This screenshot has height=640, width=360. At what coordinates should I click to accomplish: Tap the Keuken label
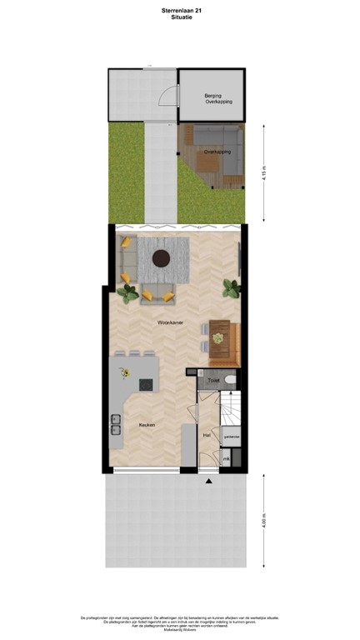click(x=147, y=425)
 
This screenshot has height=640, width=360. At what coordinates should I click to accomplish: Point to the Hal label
click(x=207, y=435)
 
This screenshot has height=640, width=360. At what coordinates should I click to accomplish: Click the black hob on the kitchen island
click(x=146, y=385)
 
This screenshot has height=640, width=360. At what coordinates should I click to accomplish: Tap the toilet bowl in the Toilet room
click(x=231, y=380)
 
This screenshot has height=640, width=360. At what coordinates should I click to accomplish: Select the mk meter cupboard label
click(x=225, y=459)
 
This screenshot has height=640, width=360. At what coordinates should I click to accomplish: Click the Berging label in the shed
click(x=212, y=96)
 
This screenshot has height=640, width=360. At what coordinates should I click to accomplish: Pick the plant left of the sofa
click(x=128, y=292)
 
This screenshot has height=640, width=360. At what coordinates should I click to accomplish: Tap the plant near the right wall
click(x=232, y=288)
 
